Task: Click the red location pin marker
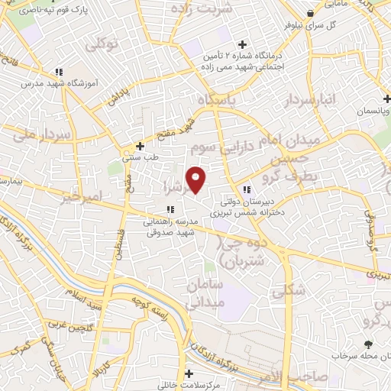click(196, 179)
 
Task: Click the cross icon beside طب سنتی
click(139, 146)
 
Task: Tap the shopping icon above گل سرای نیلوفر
click(309, 14)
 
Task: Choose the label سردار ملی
click(41, 134)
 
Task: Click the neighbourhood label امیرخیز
click(81, 197)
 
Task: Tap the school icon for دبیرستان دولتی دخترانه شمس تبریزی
click(246, 189)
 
